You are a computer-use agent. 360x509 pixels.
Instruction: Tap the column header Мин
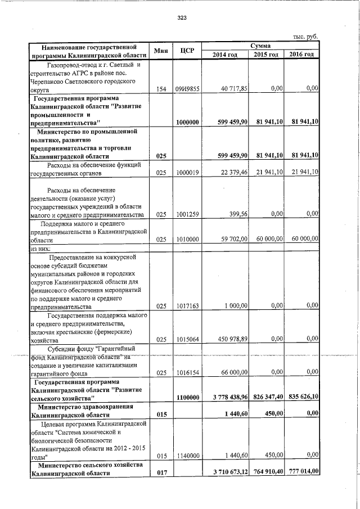tap(161, 51)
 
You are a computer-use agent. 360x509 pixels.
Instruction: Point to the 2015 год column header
tap(266, 54)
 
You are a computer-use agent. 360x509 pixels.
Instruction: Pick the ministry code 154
tap(161, 89)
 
